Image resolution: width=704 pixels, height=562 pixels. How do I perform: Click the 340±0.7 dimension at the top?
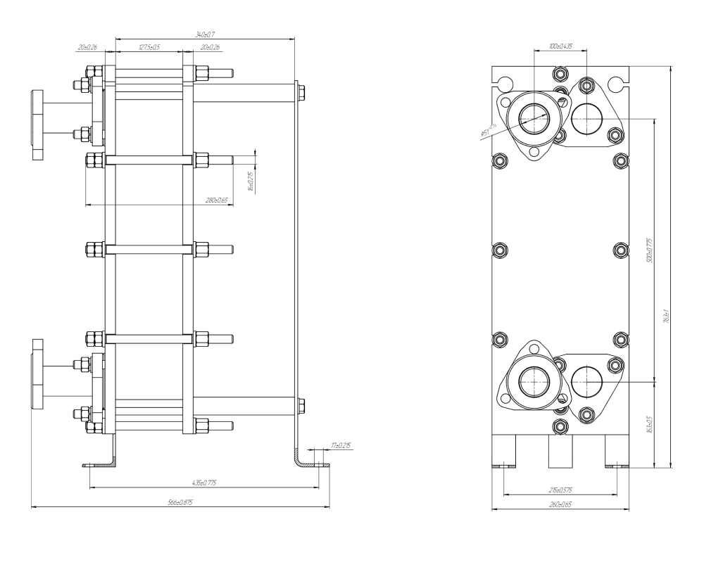tap(205, 34)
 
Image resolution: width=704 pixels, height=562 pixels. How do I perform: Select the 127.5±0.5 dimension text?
tap(149, 47)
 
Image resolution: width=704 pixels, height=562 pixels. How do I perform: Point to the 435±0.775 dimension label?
tap(204, 483)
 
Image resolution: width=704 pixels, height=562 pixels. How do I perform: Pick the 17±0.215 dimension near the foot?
tap(340, 445)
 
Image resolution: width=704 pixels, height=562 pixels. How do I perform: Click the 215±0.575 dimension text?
tap(561, 490)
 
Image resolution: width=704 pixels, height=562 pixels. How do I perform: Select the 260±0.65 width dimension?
tap(561, 504)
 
